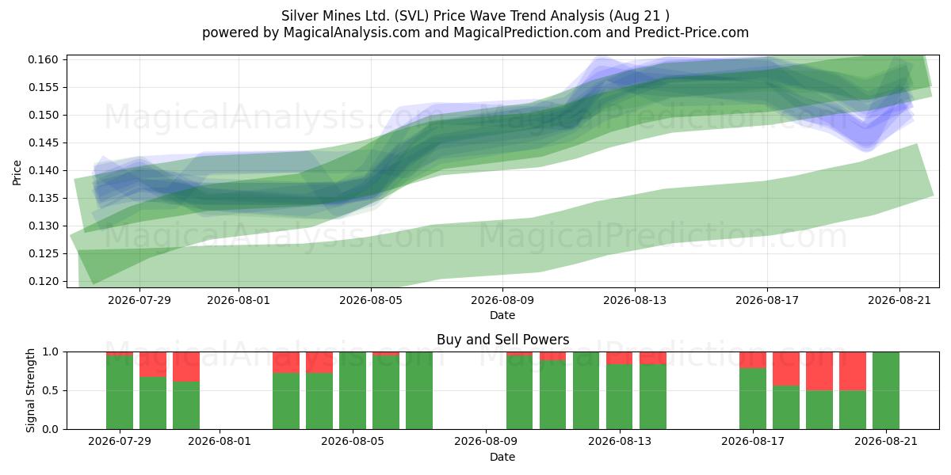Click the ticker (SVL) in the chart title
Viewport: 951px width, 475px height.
tap(411, 16)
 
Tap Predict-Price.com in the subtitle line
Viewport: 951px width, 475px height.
tap(692, 32)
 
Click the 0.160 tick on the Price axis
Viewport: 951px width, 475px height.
tap(43, 60)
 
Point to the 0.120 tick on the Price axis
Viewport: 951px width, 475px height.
tap(43, 281)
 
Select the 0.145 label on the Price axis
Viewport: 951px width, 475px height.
tap(43, 143)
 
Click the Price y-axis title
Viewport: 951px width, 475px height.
tap(17, 173)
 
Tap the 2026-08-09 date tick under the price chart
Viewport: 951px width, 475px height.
tap(502, 300)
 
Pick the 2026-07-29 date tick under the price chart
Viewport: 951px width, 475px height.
tap(139, 300)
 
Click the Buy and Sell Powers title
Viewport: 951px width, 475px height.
tap(502, 340)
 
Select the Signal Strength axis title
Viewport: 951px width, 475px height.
tap(30, 390)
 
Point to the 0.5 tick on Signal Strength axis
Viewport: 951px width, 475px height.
tap(51, 390)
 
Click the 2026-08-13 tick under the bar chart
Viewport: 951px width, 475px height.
tap(620, 442)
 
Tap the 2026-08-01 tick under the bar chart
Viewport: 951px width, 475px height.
tap(220, 442)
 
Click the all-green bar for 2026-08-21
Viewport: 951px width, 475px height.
tap(886, 390)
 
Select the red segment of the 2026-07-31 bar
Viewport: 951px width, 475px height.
tap(186, 367)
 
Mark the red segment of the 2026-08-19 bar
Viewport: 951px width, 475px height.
tap(819, 371)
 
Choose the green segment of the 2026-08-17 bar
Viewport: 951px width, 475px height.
tap(753, 399)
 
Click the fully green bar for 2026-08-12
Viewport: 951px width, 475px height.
tap(586, 390)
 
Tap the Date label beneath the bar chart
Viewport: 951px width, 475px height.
tap(502, 457)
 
